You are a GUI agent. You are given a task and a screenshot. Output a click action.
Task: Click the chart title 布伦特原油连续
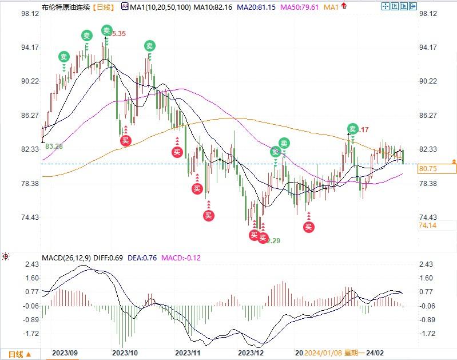(x=66, y=7)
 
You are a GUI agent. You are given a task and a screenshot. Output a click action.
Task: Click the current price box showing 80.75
(x=438, y=169)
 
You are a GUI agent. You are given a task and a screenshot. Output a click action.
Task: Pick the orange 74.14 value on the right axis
(x=428, y=226)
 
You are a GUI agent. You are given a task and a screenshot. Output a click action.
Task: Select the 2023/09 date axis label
(x=64, y=353)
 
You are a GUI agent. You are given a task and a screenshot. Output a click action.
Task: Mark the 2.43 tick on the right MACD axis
(x=428, y=264)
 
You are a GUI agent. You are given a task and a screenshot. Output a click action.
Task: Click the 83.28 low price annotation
(x=54, y=147)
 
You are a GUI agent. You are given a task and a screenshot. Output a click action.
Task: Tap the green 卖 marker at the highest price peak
(x=106, y=30)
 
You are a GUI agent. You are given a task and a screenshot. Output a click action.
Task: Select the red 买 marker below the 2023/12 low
(x=254, y=235)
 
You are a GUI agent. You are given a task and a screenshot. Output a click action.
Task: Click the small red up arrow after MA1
(x=344, y=7)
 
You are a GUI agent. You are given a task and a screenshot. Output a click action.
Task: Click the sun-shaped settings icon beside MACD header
(x=6, y=256)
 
